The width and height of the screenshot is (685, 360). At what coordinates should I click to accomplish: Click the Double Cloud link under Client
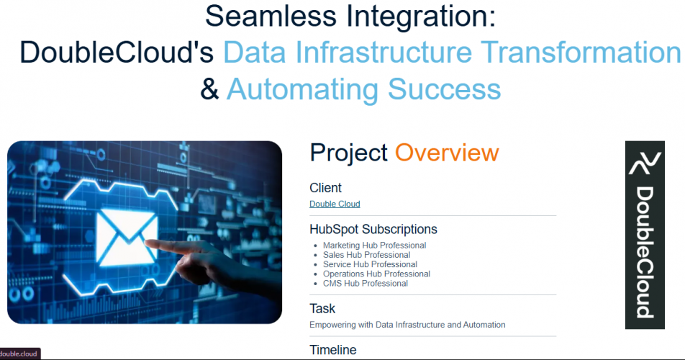pyautogui.click(x=335, y=204)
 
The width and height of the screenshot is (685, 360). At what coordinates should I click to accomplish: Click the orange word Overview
pyautogui.click(x=447, y=153)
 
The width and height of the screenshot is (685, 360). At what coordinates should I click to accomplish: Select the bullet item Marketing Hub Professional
pyautogui.click(x=374, y=246)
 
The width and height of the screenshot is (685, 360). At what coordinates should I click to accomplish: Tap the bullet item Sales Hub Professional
pyautogui.click(x=366, y=255)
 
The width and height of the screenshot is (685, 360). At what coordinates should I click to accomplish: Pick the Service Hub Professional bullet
pyautogui.click(x=370, y=265)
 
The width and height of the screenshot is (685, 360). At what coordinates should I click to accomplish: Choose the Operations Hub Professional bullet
pyautogui.click(x=376, y=274)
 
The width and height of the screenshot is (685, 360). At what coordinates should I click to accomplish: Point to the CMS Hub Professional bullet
pyautogui.click(x=366, y=284)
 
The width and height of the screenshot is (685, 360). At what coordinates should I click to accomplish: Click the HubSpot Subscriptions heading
pyautogui.click(x=373, y=230)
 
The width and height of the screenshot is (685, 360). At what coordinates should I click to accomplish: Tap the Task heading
pyautogui.click(x=322, y=309)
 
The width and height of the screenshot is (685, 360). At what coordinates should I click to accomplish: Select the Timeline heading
pyautogui.click(x=333, y=350)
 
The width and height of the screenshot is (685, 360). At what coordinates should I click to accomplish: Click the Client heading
pyautogui.click(x=325, y=188)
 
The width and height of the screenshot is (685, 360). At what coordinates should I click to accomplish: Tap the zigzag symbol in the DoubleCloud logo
pyautogui.click(x=645, y=163)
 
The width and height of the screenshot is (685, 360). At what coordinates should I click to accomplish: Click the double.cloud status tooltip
pyautogui.click(x=19, y=354)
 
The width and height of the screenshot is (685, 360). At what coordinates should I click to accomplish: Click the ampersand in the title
pyautogui.click(x=209, y=89)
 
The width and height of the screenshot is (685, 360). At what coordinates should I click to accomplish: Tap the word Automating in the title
pyautogui.click(x=302, y=89)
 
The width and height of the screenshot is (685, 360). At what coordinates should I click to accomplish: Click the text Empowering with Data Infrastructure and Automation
pyautogui.click(x=407, y=325)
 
